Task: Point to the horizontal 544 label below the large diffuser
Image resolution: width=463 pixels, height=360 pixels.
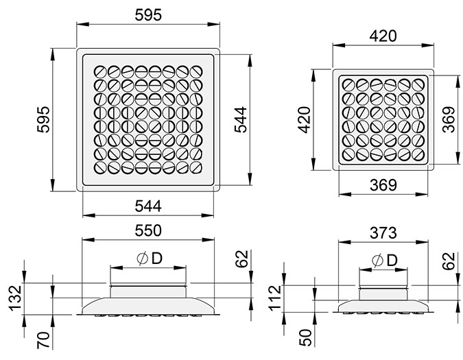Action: [149, 205]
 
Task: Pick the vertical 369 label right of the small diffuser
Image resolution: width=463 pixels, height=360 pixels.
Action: [449, 120]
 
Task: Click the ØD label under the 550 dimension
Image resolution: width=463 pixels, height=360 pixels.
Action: [148, 259]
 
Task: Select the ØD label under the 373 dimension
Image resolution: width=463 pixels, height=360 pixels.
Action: [383, 260]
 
